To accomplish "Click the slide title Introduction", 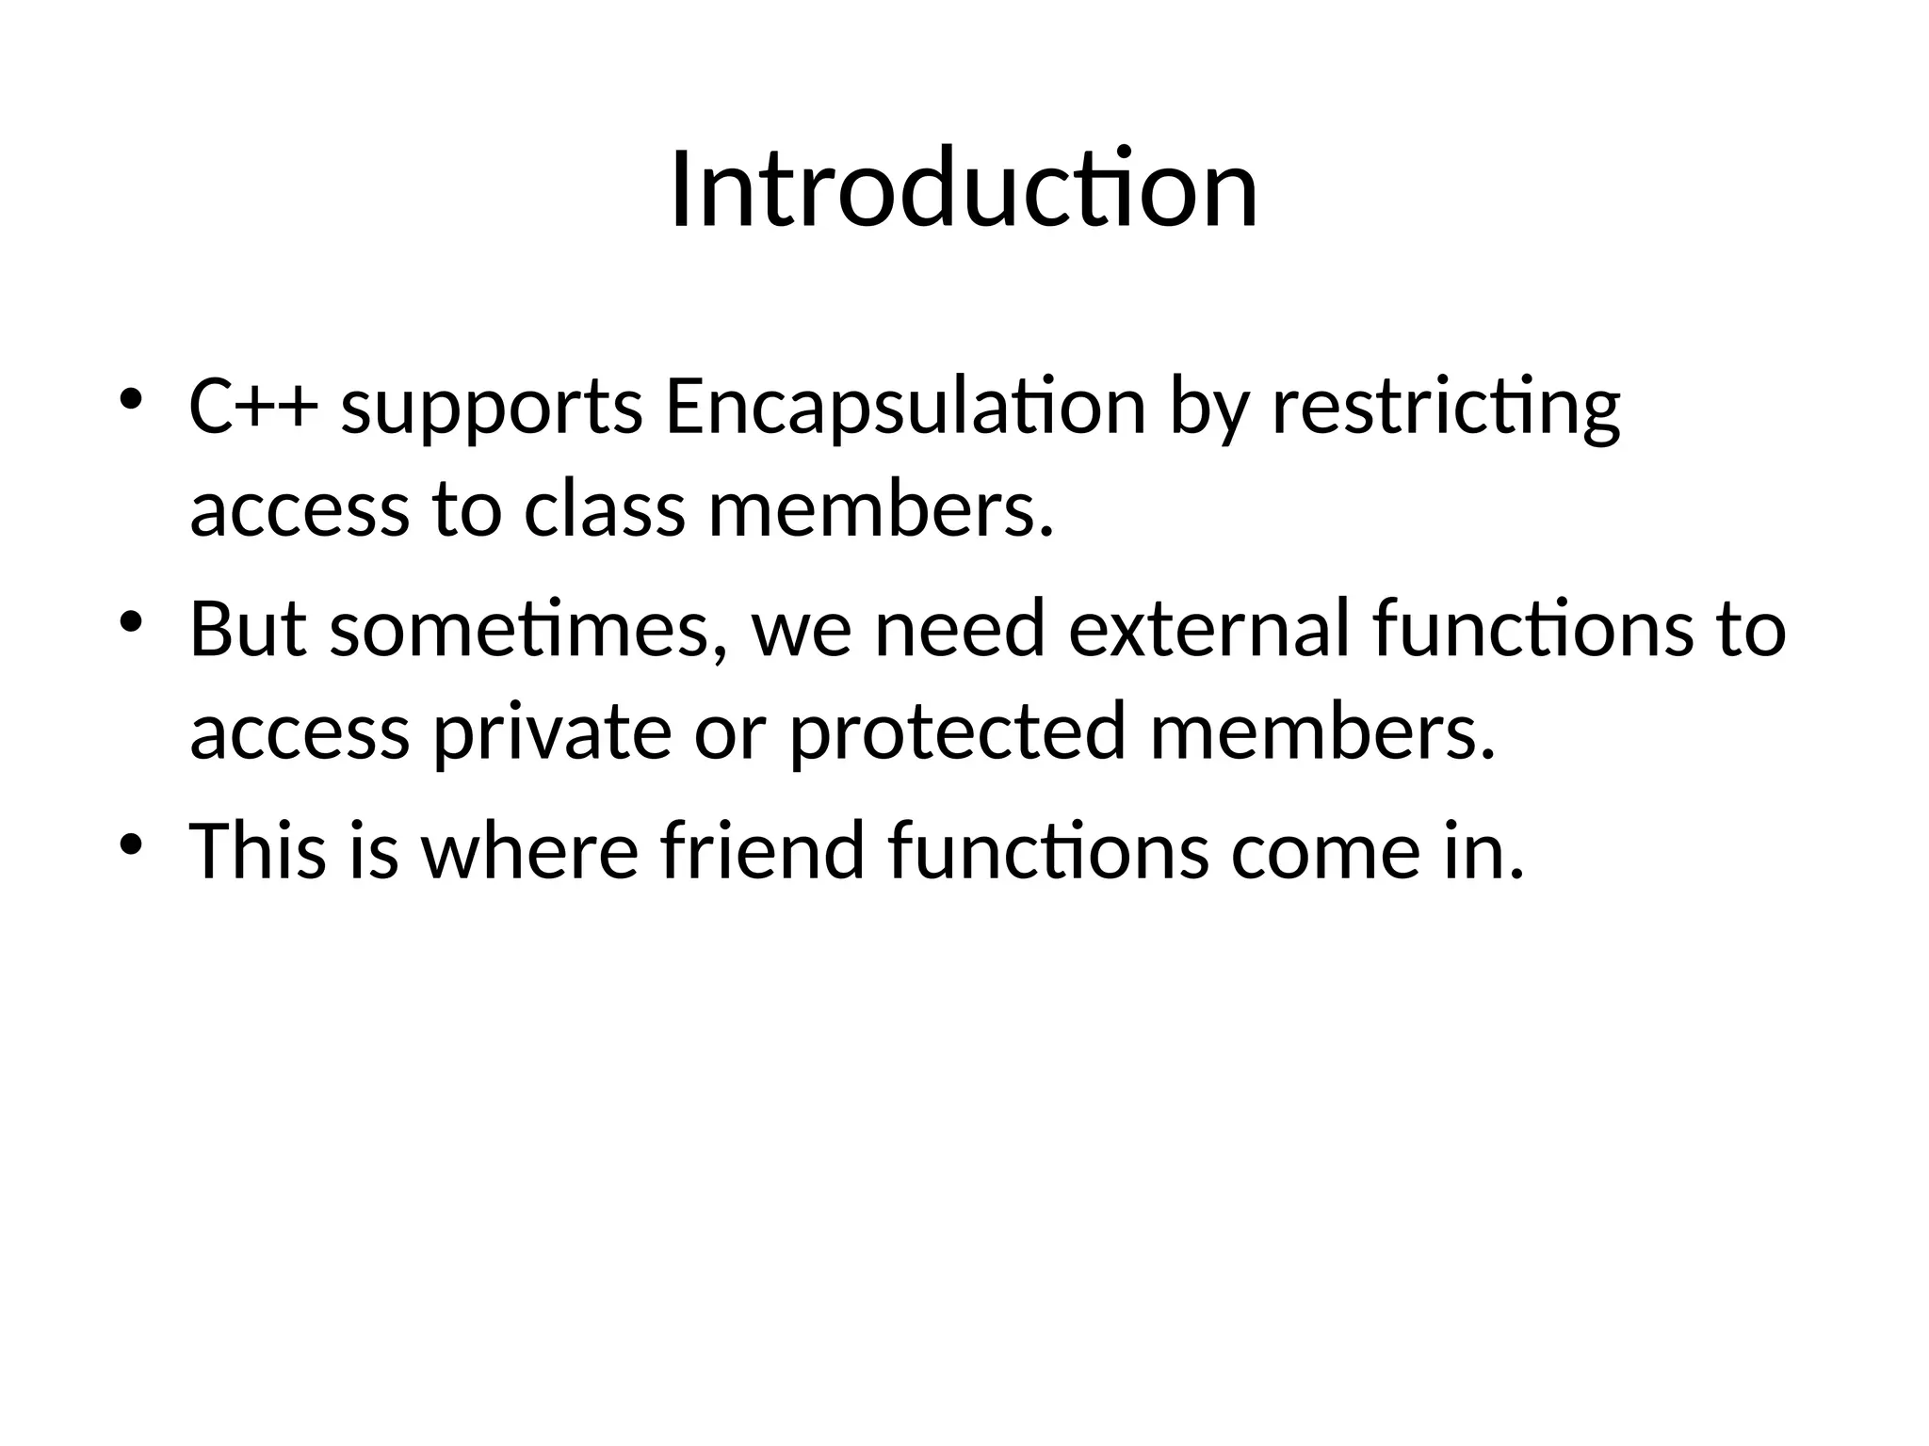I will click(964, 190).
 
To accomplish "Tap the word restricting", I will click(1446, 410).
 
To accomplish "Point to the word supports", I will click(492, 410).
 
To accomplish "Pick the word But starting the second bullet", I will click(248, 629).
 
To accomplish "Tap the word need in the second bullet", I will click(960, 629).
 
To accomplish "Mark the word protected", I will click(957, 733).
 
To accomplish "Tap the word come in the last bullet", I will click(1315, 850).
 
